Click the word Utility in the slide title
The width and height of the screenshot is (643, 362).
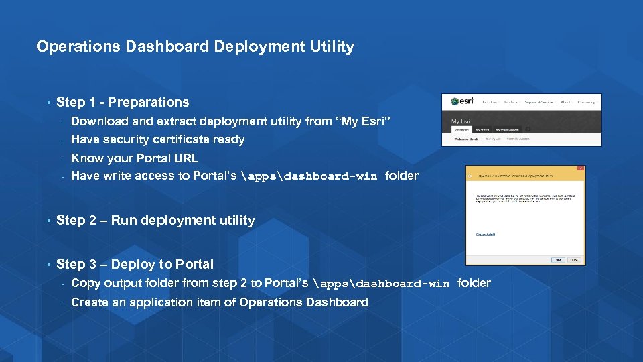tap(332, 47)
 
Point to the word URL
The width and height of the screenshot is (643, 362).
tap(186, 158)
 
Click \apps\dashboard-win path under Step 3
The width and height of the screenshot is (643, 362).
tap(381, 284)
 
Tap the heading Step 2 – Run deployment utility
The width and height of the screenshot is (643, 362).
tap(155, 221)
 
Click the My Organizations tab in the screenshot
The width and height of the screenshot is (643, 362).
tap(507, 129)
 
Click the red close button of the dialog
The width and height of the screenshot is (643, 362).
tap(580, 168)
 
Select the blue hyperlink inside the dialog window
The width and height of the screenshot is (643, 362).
tap(486, 234)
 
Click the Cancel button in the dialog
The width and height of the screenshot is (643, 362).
tap(574, 259)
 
